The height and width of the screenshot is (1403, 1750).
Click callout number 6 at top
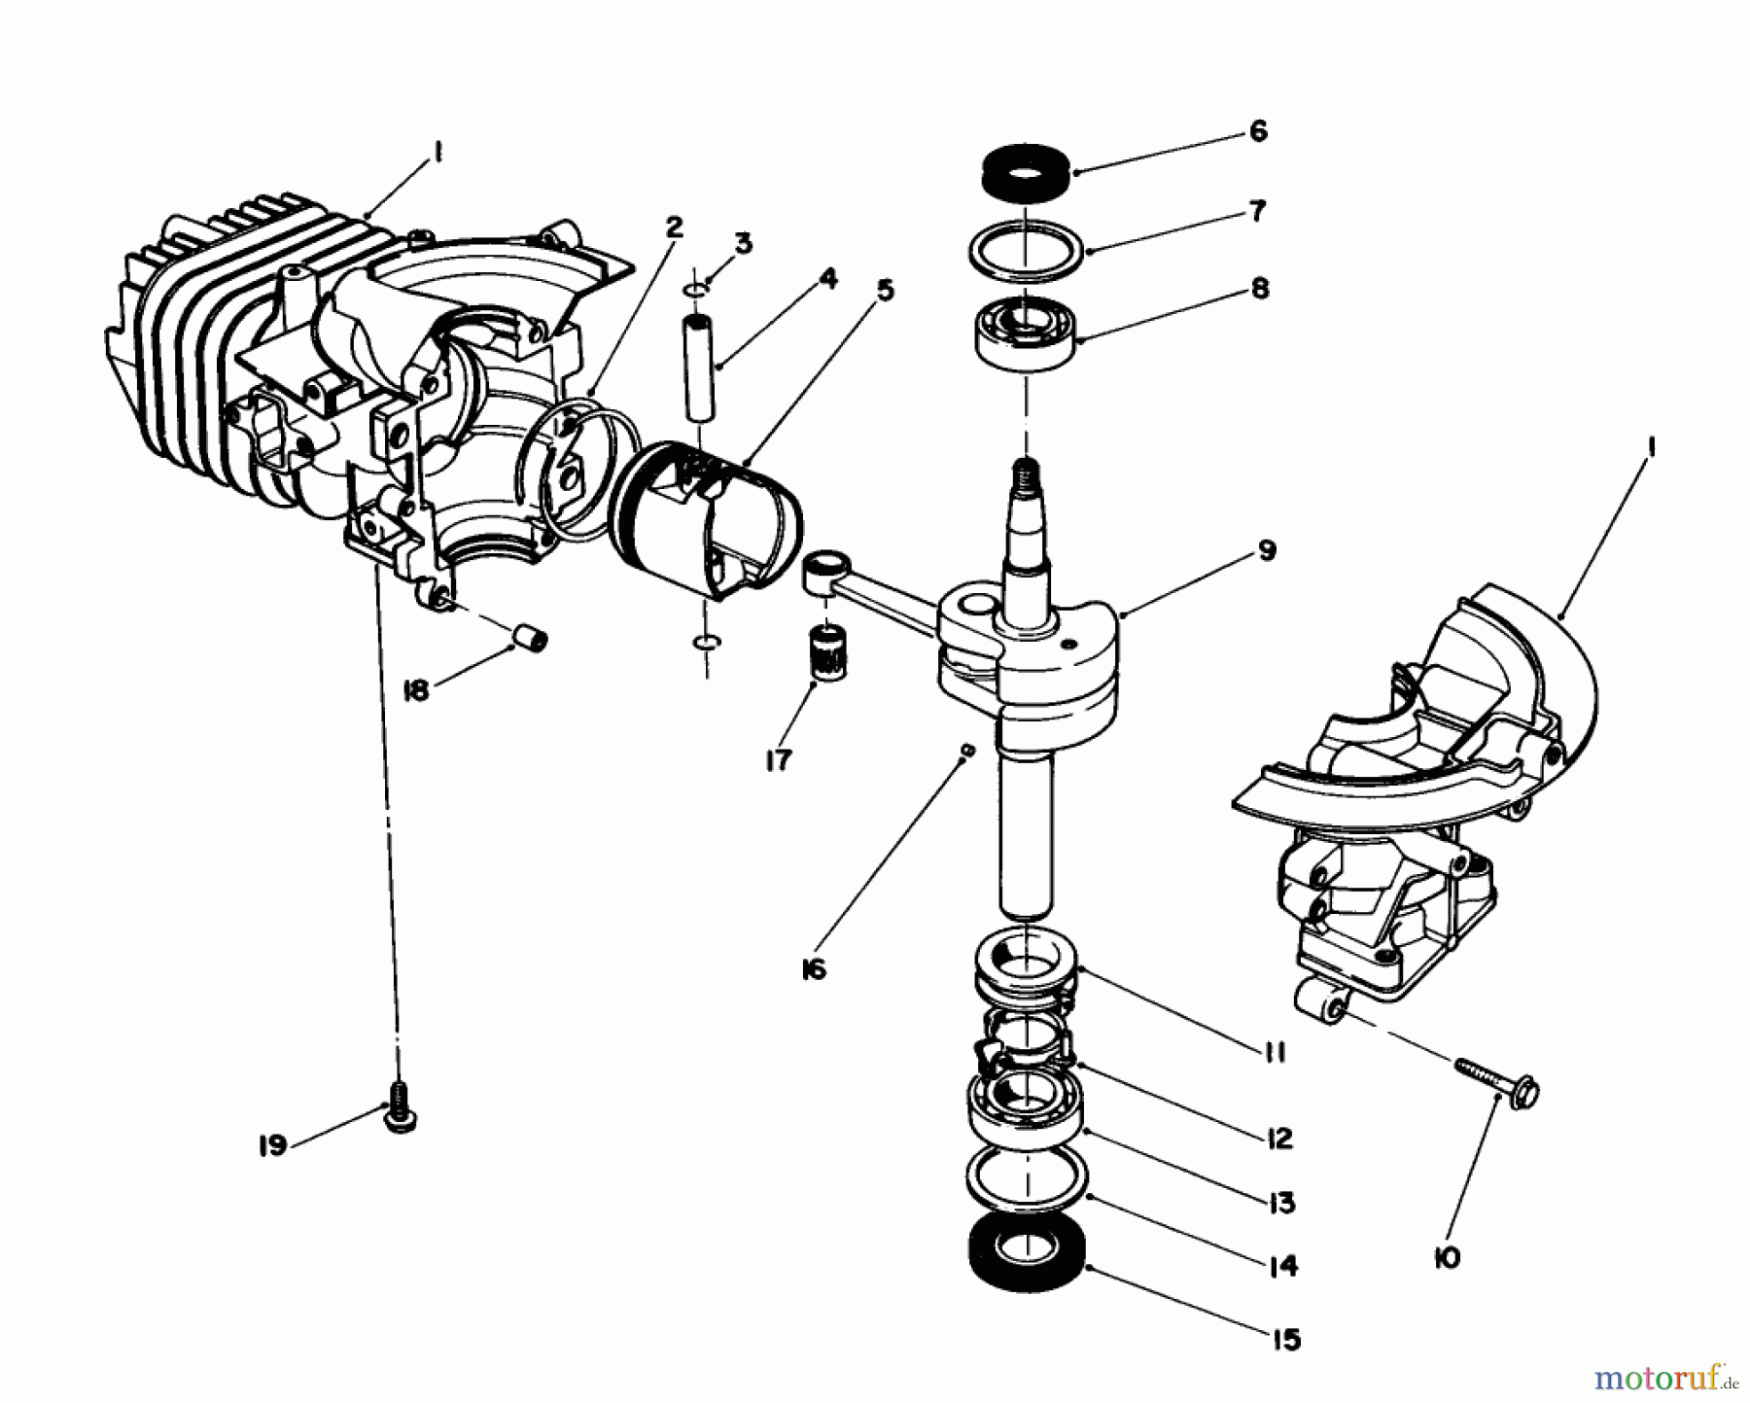click(x=1258, y=131)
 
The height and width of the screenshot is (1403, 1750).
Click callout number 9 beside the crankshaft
click(x=1266, y=551)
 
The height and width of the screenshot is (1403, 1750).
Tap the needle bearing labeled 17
click(x=825, y=657)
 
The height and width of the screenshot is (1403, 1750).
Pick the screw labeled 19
click(x=400, y=1106)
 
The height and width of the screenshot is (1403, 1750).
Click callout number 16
click(x=814, y=968)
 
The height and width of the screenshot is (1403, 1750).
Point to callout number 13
click(x=1281, y=1203)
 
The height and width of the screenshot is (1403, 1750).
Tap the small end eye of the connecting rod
click(x=825, y=564)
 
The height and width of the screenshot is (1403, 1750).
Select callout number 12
click(x=1279, y=1138)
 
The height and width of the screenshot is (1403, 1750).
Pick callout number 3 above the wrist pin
click(x=743, y=243)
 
